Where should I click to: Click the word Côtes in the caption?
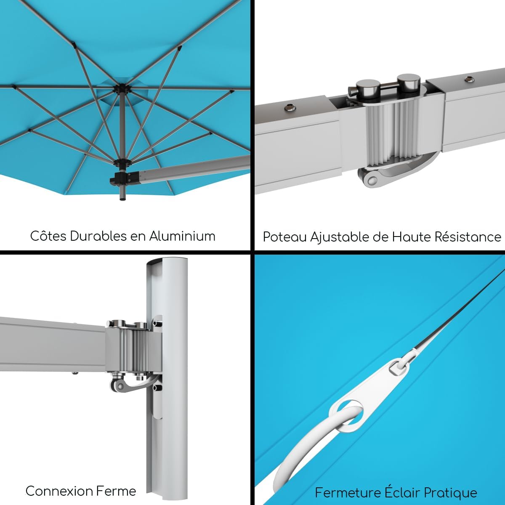point(48,236)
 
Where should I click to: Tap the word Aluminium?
point(182,236)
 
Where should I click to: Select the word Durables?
point(98,236)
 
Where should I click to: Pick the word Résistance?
point(468,237)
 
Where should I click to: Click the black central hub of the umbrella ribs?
point(121,89)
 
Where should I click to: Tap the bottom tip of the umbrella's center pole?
point(122,199)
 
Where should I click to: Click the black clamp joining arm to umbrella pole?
point(122,178)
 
